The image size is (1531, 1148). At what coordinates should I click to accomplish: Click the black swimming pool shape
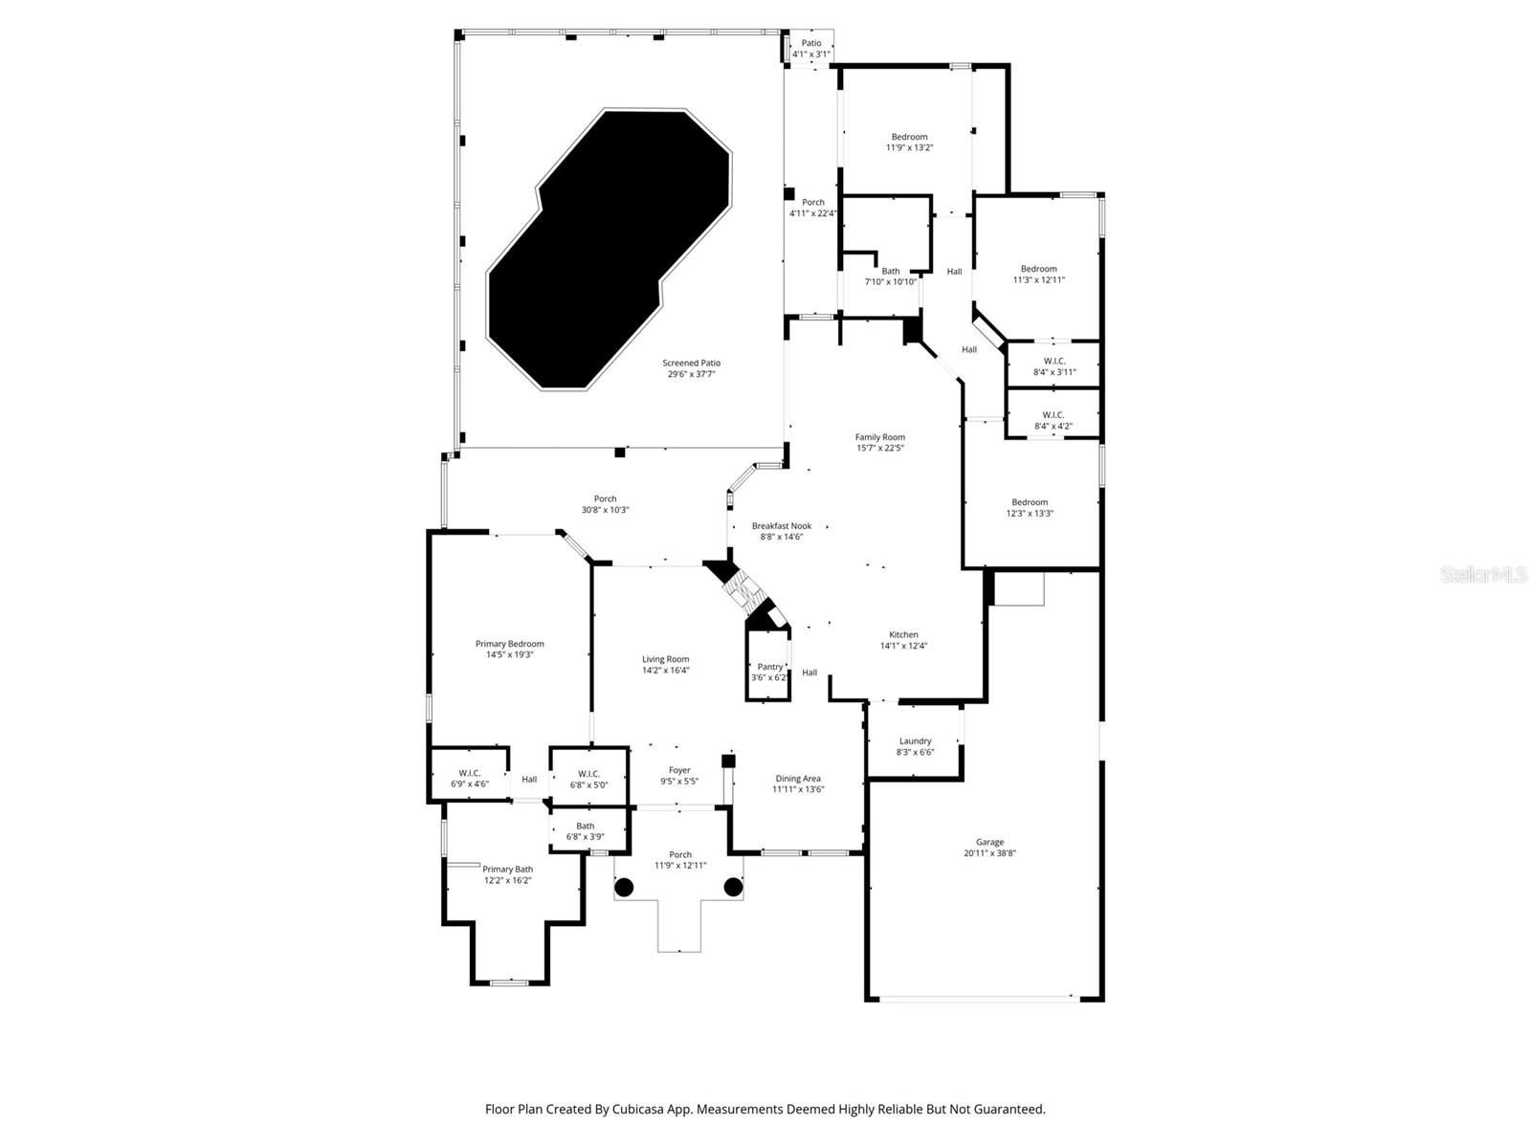tap(609, 249)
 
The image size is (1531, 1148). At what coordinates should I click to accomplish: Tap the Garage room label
tap(989, 848)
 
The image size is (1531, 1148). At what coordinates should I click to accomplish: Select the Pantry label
tap(769, 672)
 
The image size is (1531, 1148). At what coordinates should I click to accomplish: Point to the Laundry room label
tap(915, 746)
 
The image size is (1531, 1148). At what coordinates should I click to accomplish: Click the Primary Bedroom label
tap(509, 649)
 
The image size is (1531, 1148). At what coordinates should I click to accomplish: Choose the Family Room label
tap(879, 442)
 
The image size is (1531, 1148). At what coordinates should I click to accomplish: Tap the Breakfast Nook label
tap(781, 531)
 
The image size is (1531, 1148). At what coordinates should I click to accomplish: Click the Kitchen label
tap(903, 640)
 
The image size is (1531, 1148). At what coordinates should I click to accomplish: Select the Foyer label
tap(679, 775)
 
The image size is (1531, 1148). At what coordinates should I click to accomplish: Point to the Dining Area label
tap(798, 784)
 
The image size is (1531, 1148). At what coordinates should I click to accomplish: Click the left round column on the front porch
tap(624, 887)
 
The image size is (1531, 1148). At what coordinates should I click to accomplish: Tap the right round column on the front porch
tap(733, 887)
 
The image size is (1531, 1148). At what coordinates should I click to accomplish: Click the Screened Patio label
tap(691, 368)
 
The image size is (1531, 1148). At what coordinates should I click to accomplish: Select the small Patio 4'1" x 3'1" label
tap(810, 49)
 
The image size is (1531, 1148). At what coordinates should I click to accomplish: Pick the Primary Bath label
tap(507, 874)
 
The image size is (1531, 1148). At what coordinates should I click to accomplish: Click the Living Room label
tap(665, 664)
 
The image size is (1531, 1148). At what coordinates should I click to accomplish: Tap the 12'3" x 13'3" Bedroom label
tap(1030, 507)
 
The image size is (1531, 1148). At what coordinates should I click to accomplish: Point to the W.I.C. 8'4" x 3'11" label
tap(1054, 366)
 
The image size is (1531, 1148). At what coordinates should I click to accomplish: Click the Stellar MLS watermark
tap(1482, 575)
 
